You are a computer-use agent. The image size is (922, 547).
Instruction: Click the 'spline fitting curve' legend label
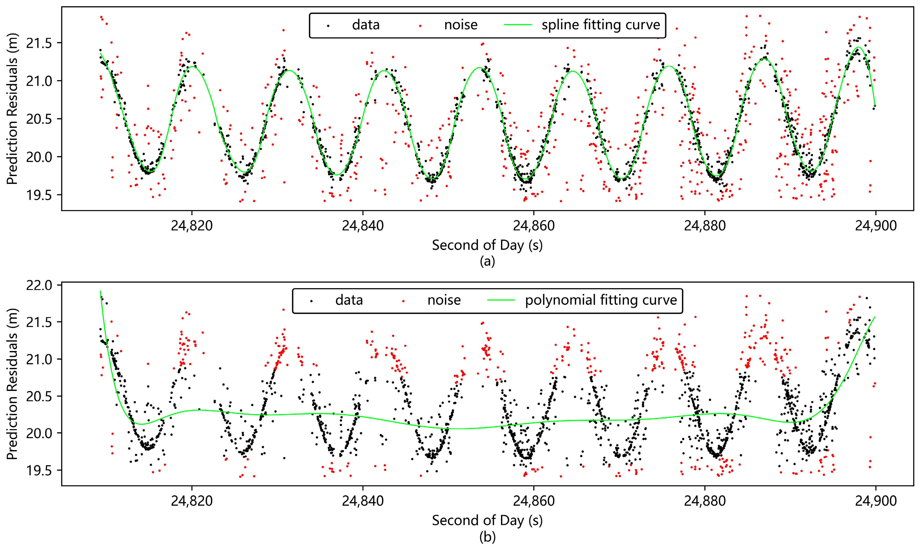600,25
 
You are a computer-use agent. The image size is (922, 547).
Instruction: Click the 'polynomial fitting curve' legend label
601,301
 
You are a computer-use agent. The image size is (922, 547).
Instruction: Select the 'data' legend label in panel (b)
349,301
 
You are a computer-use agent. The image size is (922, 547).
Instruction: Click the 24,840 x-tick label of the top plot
363,225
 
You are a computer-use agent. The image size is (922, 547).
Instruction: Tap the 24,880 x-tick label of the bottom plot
704,501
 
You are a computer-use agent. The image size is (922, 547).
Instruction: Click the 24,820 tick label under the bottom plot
192,501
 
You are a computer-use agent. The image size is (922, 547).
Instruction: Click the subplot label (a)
487,261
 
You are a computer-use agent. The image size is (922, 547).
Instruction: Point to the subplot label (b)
487,537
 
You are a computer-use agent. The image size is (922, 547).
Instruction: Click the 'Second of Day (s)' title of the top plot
487,245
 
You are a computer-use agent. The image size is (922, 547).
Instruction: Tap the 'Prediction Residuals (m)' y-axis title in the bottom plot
12,384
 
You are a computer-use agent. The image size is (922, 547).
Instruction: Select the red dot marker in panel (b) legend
403,301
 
